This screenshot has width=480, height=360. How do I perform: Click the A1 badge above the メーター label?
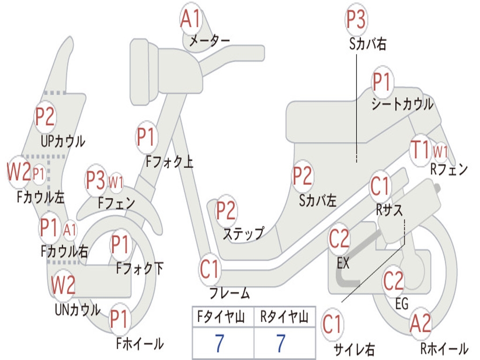[x=191, y=19]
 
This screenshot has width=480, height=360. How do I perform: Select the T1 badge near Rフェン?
[x=420, y=150]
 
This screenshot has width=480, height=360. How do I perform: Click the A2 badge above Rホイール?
[x=420, y=323]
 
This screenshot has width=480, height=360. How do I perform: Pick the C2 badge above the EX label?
[x=339, y=239]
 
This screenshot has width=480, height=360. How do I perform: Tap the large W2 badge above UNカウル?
[x=63, y=285]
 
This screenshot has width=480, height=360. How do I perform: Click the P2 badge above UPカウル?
[x=45, y=117]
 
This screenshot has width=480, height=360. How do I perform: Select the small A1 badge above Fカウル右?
[x=70, y=230]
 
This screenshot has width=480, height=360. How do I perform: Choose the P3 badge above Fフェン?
[x=96, y=180]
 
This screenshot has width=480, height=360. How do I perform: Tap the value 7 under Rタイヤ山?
[x=281, y=343]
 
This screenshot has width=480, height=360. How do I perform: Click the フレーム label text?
[x=230, y=293]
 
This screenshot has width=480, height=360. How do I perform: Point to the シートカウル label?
[x=402, y=105]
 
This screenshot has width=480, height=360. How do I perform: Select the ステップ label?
[x=244, y=234]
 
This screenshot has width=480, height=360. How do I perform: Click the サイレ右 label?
[x=354, y=349]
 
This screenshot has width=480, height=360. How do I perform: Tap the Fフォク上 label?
[x=169, y=161]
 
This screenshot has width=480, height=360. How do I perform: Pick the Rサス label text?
[x=389, y=210]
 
